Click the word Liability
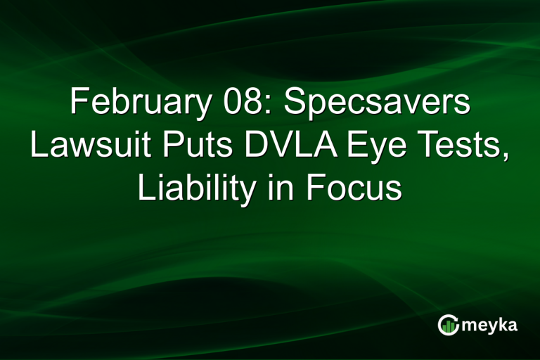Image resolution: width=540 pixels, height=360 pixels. click(191, 189)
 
